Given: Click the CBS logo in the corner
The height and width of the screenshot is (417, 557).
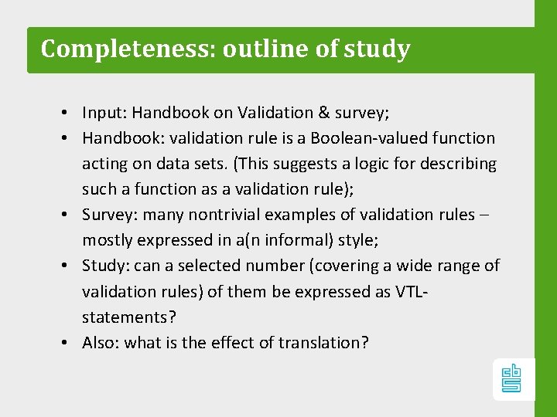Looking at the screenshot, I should pyautogui.click(x=513, y=379).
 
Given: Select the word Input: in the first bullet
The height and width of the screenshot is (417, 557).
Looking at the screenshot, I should pyautogui.click(x=104, y=113).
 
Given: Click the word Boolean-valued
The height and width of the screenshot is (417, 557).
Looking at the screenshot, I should pyautogui.click(x=361, y=138).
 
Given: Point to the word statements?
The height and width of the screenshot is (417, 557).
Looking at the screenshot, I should pyautogui.click(x=125, y=317).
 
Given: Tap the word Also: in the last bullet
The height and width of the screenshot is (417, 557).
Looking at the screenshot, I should pyautogui.click(x=101, y=342).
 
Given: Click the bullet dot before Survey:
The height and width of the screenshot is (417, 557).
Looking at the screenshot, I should pyautogui.click(x=68, y=215).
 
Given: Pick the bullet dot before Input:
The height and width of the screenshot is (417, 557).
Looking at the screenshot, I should pyautogui.click(x=68, y=113).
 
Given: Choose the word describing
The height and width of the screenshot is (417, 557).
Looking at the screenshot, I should pyautogui.click(x=461, y=164).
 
